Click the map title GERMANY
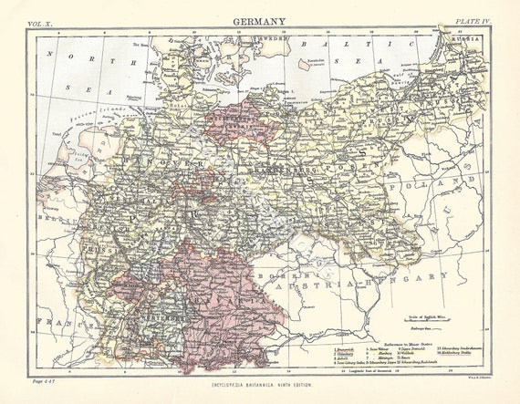(x=259, y=21)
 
